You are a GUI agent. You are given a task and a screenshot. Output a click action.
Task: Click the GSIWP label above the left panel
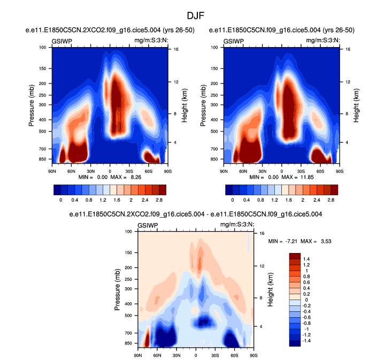(x=62, y=41)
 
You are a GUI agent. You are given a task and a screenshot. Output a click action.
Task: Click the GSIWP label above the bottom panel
(x=148, y=226)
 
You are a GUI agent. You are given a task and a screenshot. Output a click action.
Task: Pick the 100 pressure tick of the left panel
(x=43, y=48)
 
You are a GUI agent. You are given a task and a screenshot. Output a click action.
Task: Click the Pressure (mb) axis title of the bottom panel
(x=118, y=290)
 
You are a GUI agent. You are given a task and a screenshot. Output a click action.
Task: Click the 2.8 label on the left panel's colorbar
(x=159, y=199)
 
